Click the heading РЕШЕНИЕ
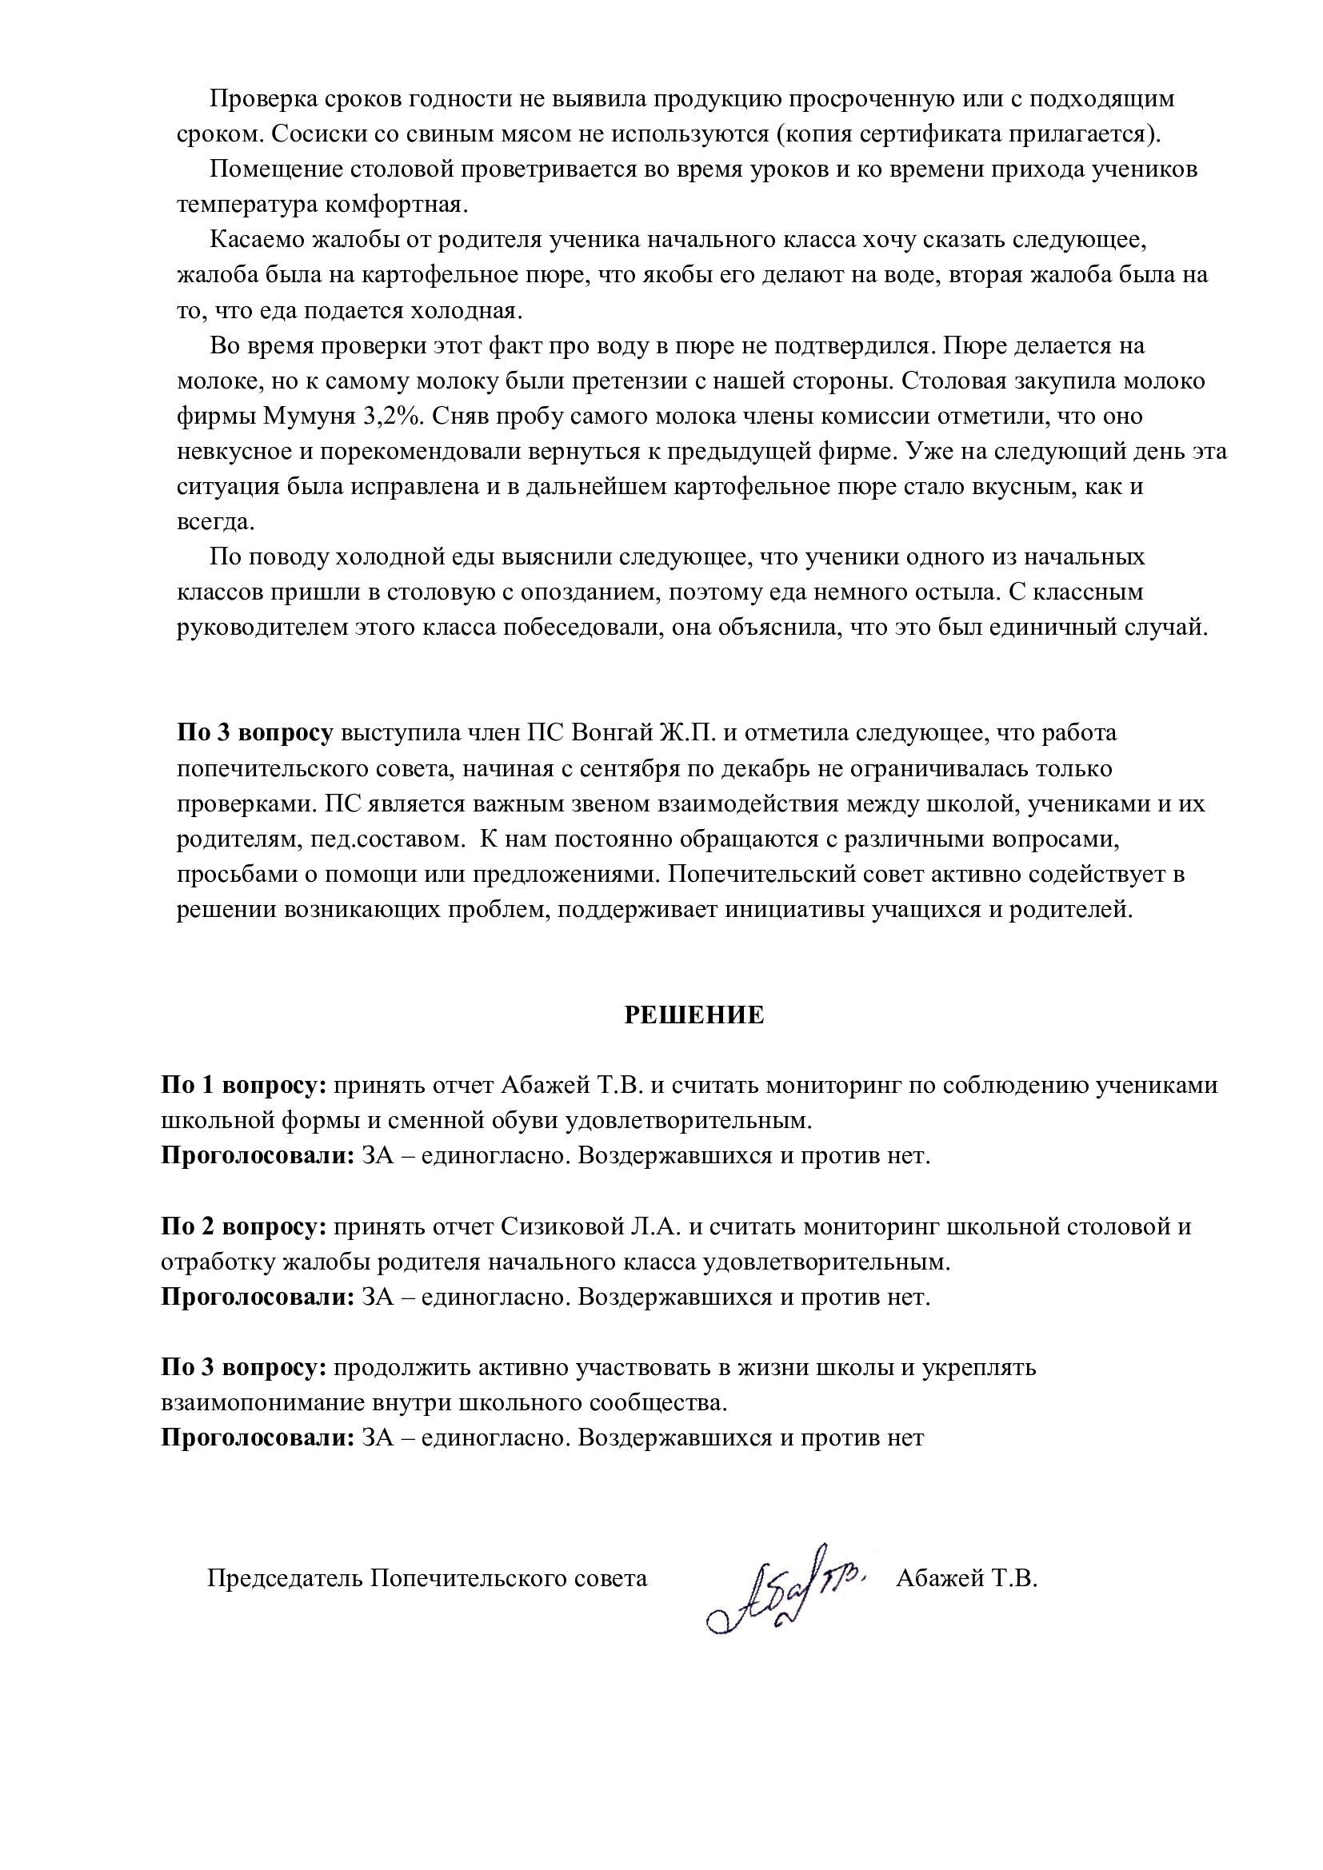pyautogui.click(x=694, y=1015)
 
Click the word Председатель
pyautogui.click(x=284, y=1578)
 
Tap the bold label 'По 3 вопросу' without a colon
pyautogui.click(x=255, y=733)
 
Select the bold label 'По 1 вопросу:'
pyautogui.click(x=244, y=1086)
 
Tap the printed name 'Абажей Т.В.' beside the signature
pyautogui.click(x=966, y=1578)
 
